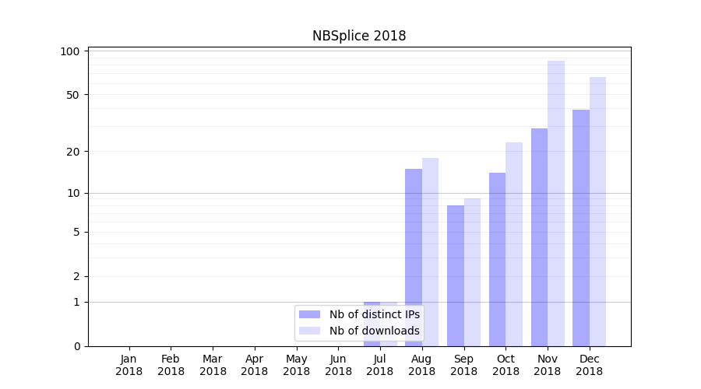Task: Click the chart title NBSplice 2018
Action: click(x=359, y=36)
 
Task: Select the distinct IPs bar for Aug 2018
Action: click(x=414, y=257)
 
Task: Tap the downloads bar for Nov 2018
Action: click(x=556, y=203)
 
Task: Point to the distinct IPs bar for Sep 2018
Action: click(x=456, y=275)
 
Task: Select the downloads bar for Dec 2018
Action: click(x=597, y=211)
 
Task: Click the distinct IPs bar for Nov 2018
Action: click(x=539, y=237)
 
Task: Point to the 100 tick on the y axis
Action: click(x=70, y=51)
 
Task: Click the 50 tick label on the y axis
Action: click(x=73, y=95)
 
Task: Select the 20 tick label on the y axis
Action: click(x=73, y=151)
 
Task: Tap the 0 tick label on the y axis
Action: click(x=76, y=346)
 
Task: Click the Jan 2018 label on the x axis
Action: click(x=129, y=365)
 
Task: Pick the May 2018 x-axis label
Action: click(x=296, y=365)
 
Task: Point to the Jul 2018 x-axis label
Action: click(x=380, y=365)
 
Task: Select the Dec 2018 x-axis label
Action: click(x=589, y=365)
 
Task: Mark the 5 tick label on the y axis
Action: click(x=76, y=232)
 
